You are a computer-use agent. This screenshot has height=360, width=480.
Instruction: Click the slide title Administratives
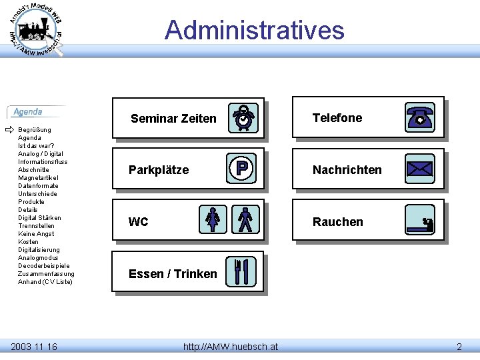coord(254,30)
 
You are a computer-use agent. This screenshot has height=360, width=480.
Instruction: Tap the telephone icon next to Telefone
coord(420,117)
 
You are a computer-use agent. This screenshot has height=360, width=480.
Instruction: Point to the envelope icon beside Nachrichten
coord(420,169)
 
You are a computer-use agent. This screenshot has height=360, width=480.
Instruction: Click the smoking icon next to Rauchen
coord(420,221)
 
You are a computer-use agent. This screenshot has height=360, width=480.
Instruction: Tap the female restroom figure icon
coord(213,220)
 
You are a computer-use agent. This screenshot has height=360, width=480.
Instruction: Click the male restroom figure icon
coord(245,220)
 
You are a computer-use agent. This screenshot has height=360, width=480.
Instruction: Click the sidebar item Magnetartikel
coord(38,178)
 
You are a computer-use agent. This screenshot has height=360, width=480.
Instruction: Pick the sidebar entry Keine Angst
coord(36,234)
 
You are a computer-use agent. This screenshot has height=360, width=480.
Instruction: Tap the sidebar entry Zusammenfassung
coord(46,274)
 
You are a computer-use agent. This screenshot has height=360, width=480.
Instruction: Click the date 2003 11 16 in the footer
coord(34,346)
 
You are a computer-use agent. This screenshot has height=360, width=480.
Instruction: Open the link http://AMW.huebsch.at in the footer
coord(231,346)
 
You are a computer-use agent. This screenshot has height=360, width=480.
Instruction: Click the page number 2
coord(459,346)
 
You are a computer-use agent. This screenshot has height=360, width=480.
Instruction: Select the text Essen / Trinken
coord(173,274)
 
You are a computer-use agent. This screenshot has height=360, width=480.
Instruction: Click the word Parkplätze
coord(159,170)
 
